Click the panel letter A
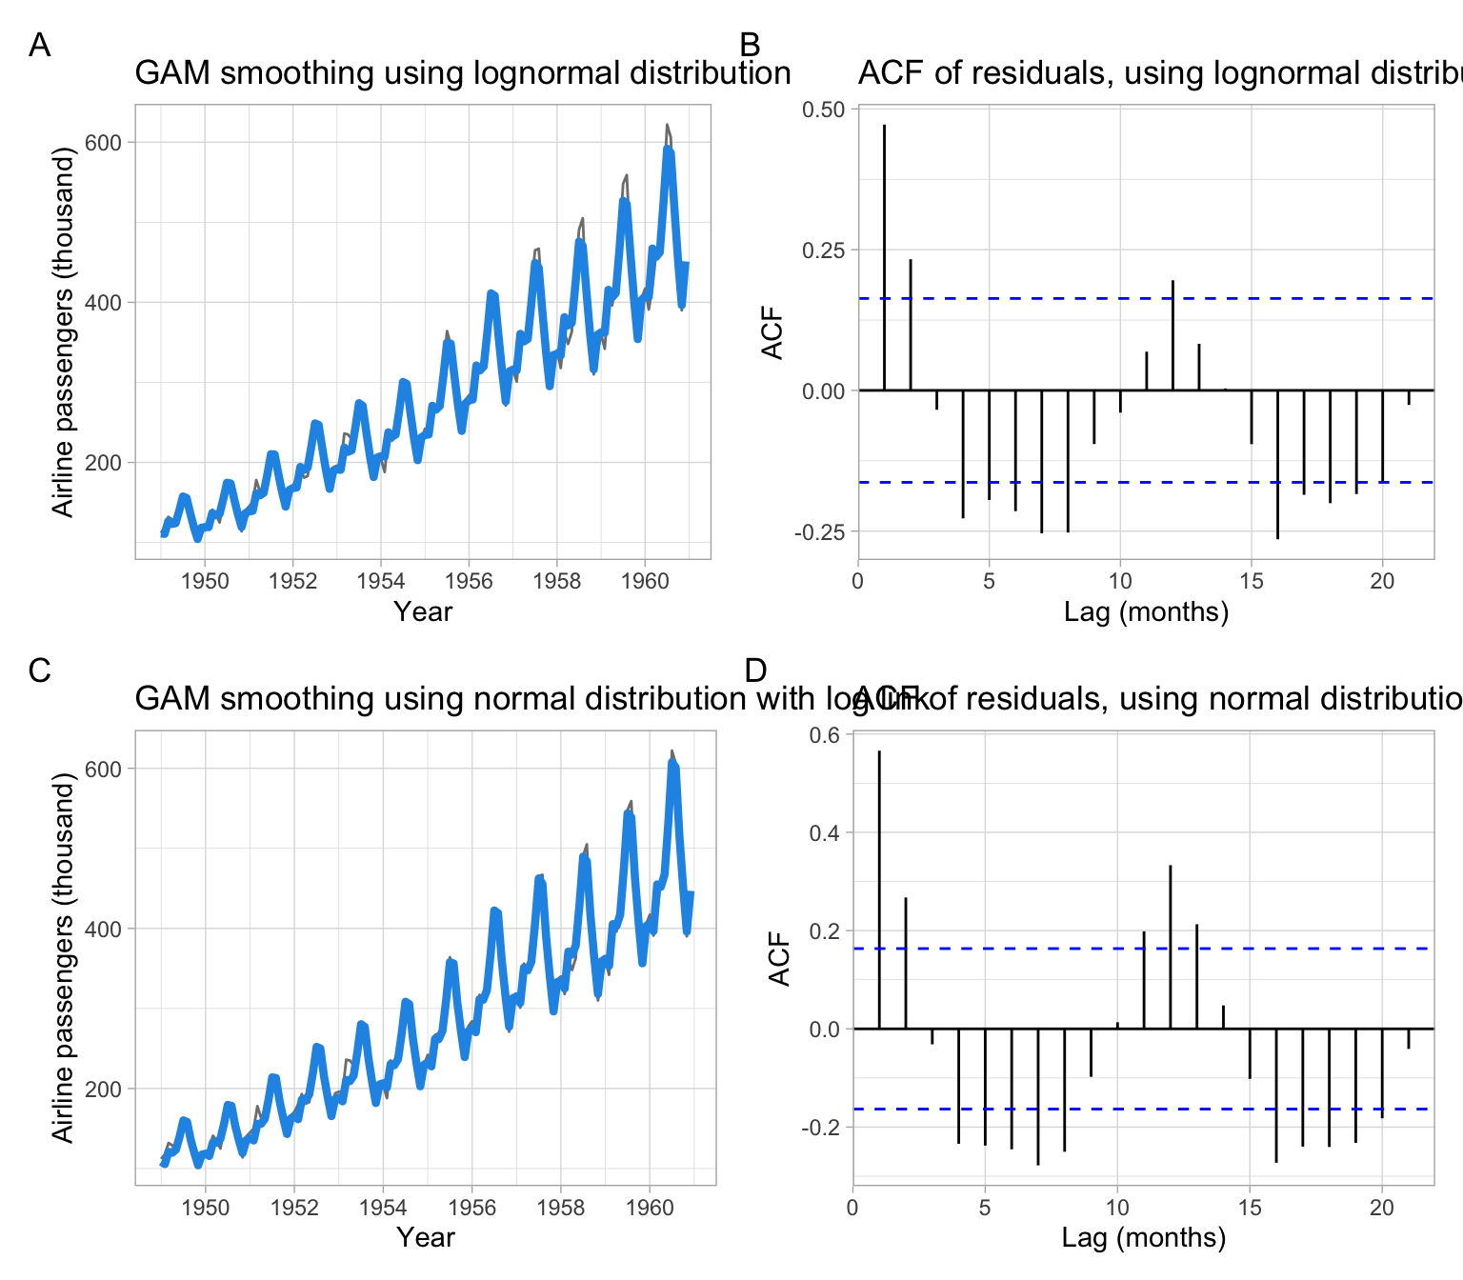[x=39, y=45]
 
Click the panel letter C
[x=39, y=670]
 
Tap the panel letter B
[x=751, y=45]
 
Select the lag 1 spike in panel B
[x=884, y=257]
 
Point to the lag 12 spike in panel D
[x=1170, y=947]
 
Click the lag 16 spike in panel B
[x=1277, y=465]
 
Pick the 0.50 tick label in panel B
[x=823, y=110]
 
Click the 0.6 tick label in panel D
[x=826, y=735]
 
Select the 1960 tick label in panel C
[x=650, y=1207]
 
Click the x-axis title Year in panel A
[x=423, y=611]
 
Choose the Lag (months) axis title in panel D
[x=1143, y=1237]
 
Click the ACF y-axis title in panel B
[x=772, y=332]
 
